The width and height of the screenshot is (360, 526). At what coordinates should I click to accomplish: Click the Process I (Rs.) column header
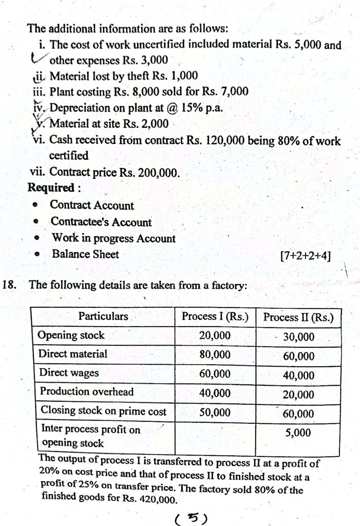point(215,317)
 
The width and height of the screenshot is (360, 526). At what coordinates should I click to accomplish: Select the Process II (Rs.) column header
point(298,317)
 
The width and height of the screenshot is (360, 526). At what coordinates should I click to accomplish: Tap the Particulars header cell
point(103,316)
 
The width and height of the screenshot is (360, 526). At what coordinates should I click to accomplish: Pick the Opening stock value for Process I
point(215,335)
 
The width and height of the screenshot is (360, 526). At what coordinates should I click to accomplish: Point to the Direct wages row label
point(69,373)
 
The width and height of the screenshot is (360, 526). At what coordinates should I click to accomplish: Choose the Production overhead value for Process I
point(215,392)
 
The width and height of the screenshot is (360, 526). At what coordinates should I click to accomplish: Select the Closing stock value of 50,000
point(215,412)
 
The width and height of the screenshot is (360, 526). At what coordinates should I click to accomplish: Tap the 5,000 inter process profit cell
point(298,433)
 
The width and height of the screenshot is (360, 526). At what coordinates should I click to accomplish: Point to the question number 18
point(11,285)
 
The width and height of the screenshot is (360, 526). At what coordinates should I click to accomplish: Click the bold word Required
point(51,187)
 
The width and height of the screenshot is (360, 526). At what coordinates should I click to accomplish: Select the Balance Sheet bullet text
point(85,254)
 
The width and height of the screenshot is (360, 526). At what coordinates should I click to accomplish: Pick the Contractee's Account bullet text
point(101,222)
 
